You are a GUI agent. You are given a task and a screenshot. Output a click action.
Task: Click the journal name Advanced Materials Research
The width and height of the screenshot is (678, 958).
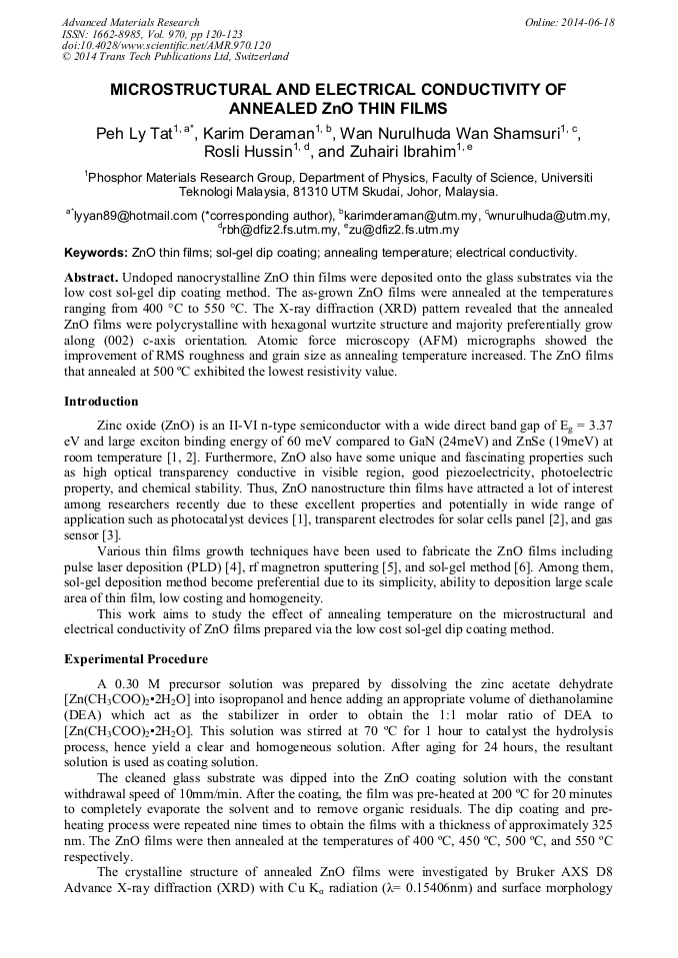131,22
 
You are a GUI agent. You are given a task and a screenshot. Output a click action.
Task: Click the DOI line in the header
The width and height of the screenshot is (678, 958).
166,46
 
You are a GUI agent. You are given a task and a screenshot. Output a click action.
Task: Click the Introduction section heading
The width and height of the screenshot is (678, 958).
101,402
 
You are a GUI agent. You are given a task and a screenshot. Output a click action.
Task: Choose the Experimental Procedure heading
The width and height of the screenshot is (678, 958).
136,659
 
